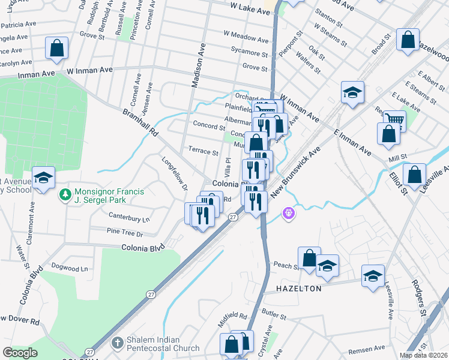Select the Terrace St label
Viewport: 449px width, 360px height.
coord(203,152)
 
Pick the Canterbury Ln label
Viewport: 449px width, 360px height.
coord(129,215)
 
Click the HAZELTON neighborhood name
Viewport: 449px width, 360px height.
coord(299,289)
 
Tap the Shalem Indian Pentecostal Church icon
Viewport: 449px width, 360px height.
coord(118,343)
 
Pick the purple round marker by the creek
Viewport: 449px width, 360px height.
coord(289,213)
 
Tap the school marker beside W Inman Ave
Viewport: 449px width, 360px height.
coord(352,92)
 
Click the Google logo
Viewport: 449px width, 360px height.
coord(20,352)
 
